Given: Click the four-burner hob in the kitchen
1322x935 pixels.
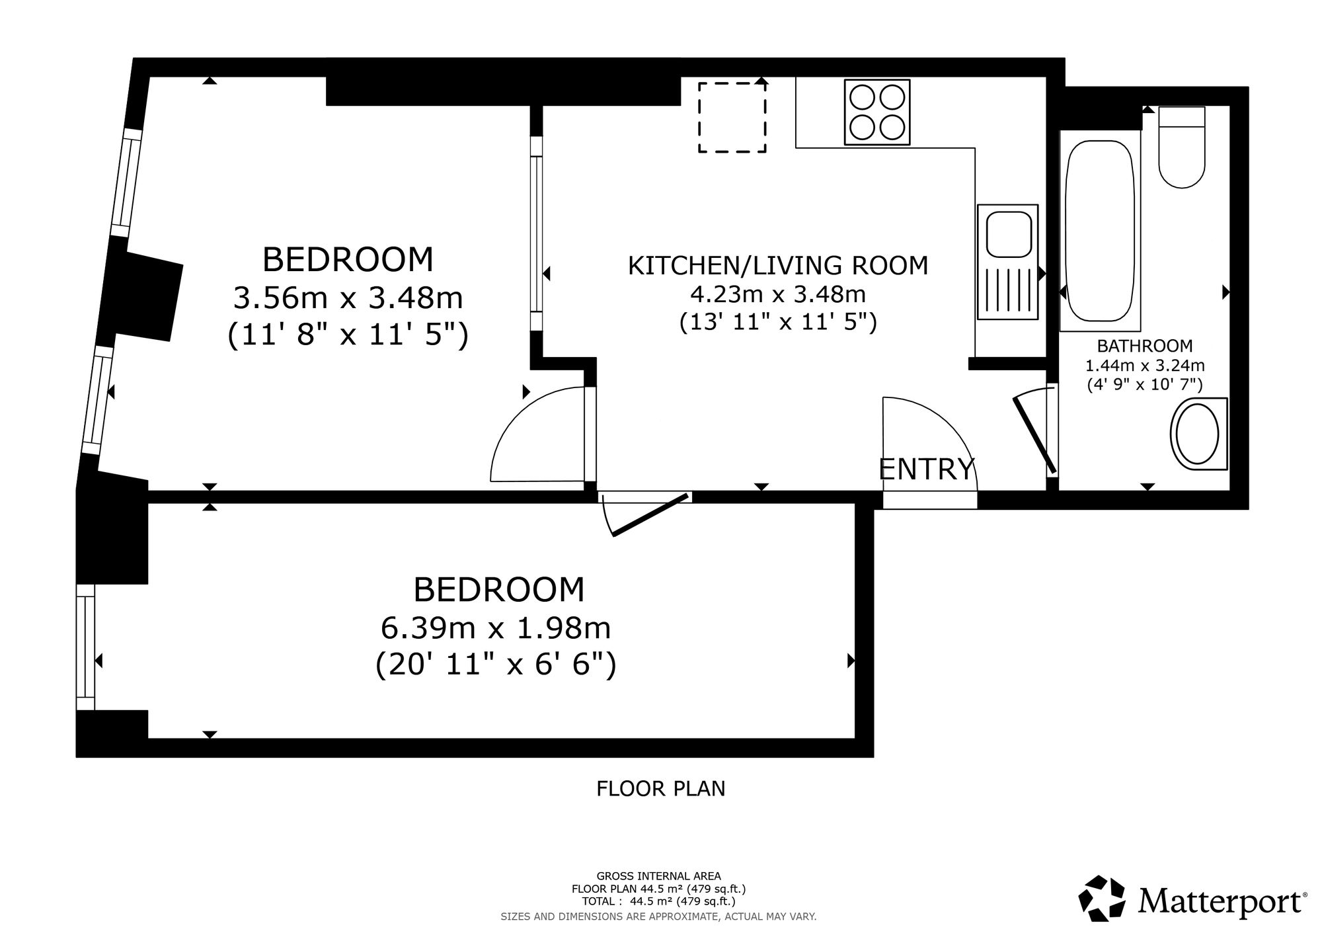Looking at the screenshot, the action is pyautogui.click(x=877, y=112).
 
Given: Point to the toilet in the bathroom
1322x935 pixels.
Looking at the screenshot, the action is pyautogui.click(x=1182, y=147).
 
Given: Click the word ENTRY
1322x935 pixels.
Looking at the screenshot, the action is pyautogui.click(x=927, y=469).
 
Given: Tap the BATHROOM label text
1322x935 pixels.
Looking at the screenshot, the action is pyautogui.click(x=1145, y=345).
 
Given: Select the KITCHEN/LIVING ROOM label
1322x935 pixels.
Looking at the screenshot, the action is pyautogui.click(x=778, y=265).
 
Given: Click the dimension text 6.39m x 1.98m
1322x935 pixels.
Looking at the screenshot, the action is pyautogui.click(x=496, y=628).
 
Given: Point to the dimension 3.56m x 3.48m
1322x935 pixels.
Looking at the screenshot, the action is pyautogui.click(x=348, y=298).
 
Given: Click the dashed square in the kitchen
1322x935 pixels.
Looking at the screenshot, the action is pyautogui.click(x=732, y=118).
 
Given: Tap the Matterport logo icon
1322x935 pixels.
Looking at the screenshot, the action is pyautogui.click(x=1102, y=898).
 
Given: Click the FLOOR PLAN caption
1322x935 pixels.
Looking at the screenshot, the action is pyautogui.click(x=661, y=789).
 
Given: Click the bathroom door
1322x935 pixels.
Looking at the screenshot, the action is pyautogui.click(x=1034, y=435).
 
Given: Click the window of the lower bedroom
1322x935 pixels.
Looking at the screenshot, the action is pyautogui.click(x=86, y=647).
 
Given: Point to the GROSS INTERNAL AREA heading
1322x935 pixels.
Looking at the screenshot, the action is pyautogui.click(x=659, y=876).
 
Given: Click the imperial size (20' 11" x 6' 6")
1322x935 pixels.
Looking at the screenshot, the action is pyautogui.click(x=496, y=665).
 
